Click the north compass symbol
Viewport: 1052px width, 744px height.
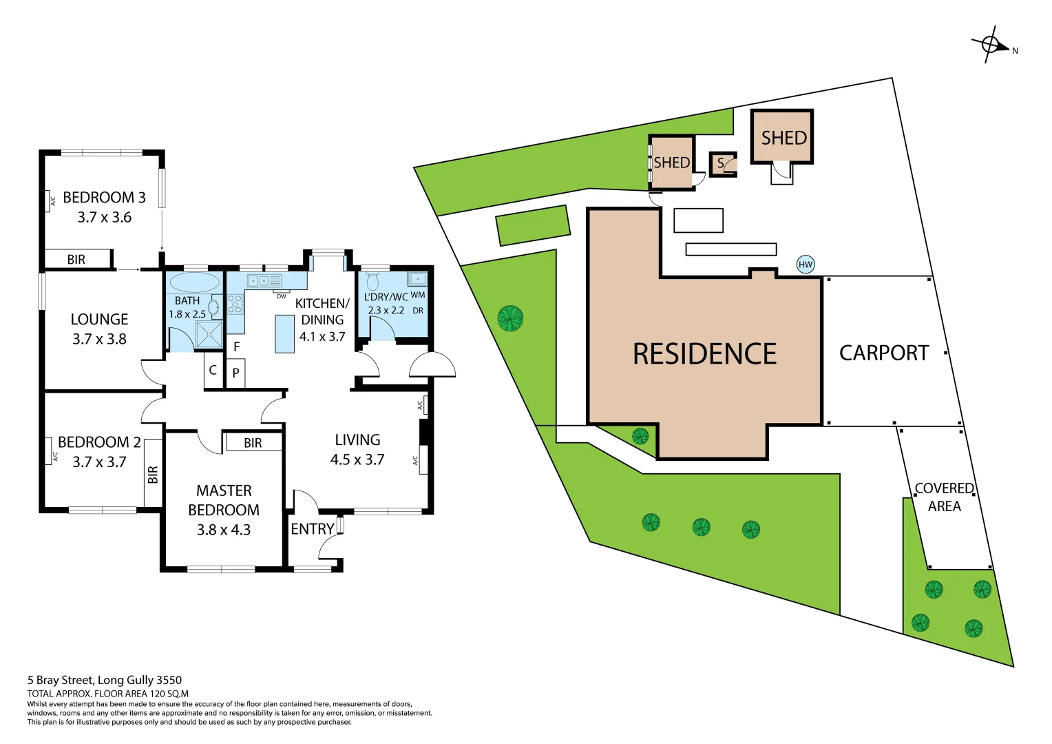tap(990, 45)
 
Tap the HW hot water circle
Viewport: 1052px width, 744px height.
tap(805, 265)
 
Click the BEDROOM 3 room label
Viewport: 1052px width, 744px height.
tap(104, 198)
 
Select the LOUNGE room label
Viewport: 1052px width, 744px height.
tap(99, 320)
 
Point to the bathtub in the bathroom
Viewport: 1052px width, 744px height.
tap(194, 283)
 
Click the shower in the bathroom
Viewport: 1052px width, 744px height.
tap(209, 335)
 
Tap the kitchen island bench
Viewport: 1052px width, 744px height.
tap(284, 334)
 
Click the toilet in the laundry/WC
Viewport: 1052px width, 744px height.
tap(372, 282)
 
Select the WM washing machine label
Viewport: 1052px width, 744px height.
tap(417, 295)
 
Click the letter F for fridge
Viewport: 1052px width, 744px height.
tap(237, 347)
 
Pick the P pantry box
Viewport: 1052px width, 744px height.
tap(235, 373)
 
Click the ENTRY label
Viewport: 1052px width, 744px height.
tap(313, 529)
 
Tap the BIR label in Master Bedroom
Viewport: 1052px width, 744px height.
tap(253, 443)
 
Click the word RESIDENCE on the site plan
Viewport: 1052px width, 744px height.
tap(704, 354)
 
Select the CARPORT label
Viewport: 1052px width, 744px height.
tap(884, 353)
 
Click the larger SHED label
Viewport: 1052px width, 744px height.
tap(783, 138)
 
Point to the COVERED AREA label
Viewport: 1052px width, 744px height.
tap(944, 497)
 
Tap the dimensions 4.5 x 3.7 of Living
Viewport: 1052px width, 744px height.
tap(357, 459)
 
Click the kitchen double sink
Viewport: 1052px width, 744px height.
tap(258, 280)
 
